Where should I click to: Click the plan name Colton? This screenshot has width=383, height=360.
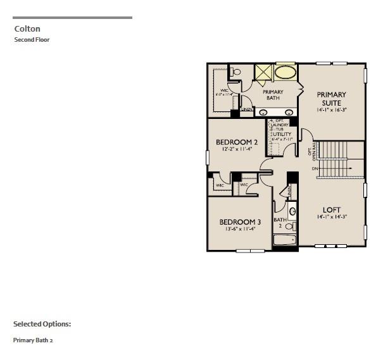[27, 28]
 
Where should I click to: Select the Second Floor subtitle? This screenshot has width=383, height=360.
[32, 40]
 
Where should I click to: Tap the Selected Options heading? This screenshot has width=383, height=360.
[42, 324]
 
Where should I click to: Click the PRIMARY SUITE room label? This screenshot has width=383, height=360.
[331, 99]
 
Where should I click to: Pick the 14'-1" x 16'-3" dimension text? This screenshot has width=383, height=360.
[331, 110]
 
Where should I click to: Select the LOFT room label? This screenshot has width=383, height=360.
[332, 209]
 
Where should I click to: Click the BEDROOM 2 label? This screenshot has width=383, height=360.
[237, 142]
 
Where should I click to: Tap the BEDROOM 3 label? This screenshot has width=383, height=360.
[240, 221]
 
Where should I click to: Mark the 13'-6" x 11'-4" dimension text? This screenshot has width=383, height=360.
[240, 230]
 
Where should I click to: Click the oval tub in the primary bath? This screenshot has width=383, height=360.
[286, 72]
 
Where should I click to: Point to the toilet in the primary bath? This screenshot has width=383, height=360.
[237, 72]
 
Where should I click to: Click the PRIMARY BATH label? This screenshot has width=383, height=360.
[273, 95]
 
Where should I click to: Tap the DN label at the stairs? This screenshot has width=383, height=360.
[314, 169]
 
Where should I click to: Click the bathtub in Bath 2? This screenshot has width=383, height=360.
[284, 240]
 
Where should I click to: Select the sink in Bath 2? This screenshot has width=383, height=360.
[292, 211]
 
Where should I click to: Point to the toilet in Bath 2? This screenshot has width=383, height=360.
[289, 226]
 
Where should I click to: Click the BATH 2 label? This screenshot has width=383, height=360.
[279, 223]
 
